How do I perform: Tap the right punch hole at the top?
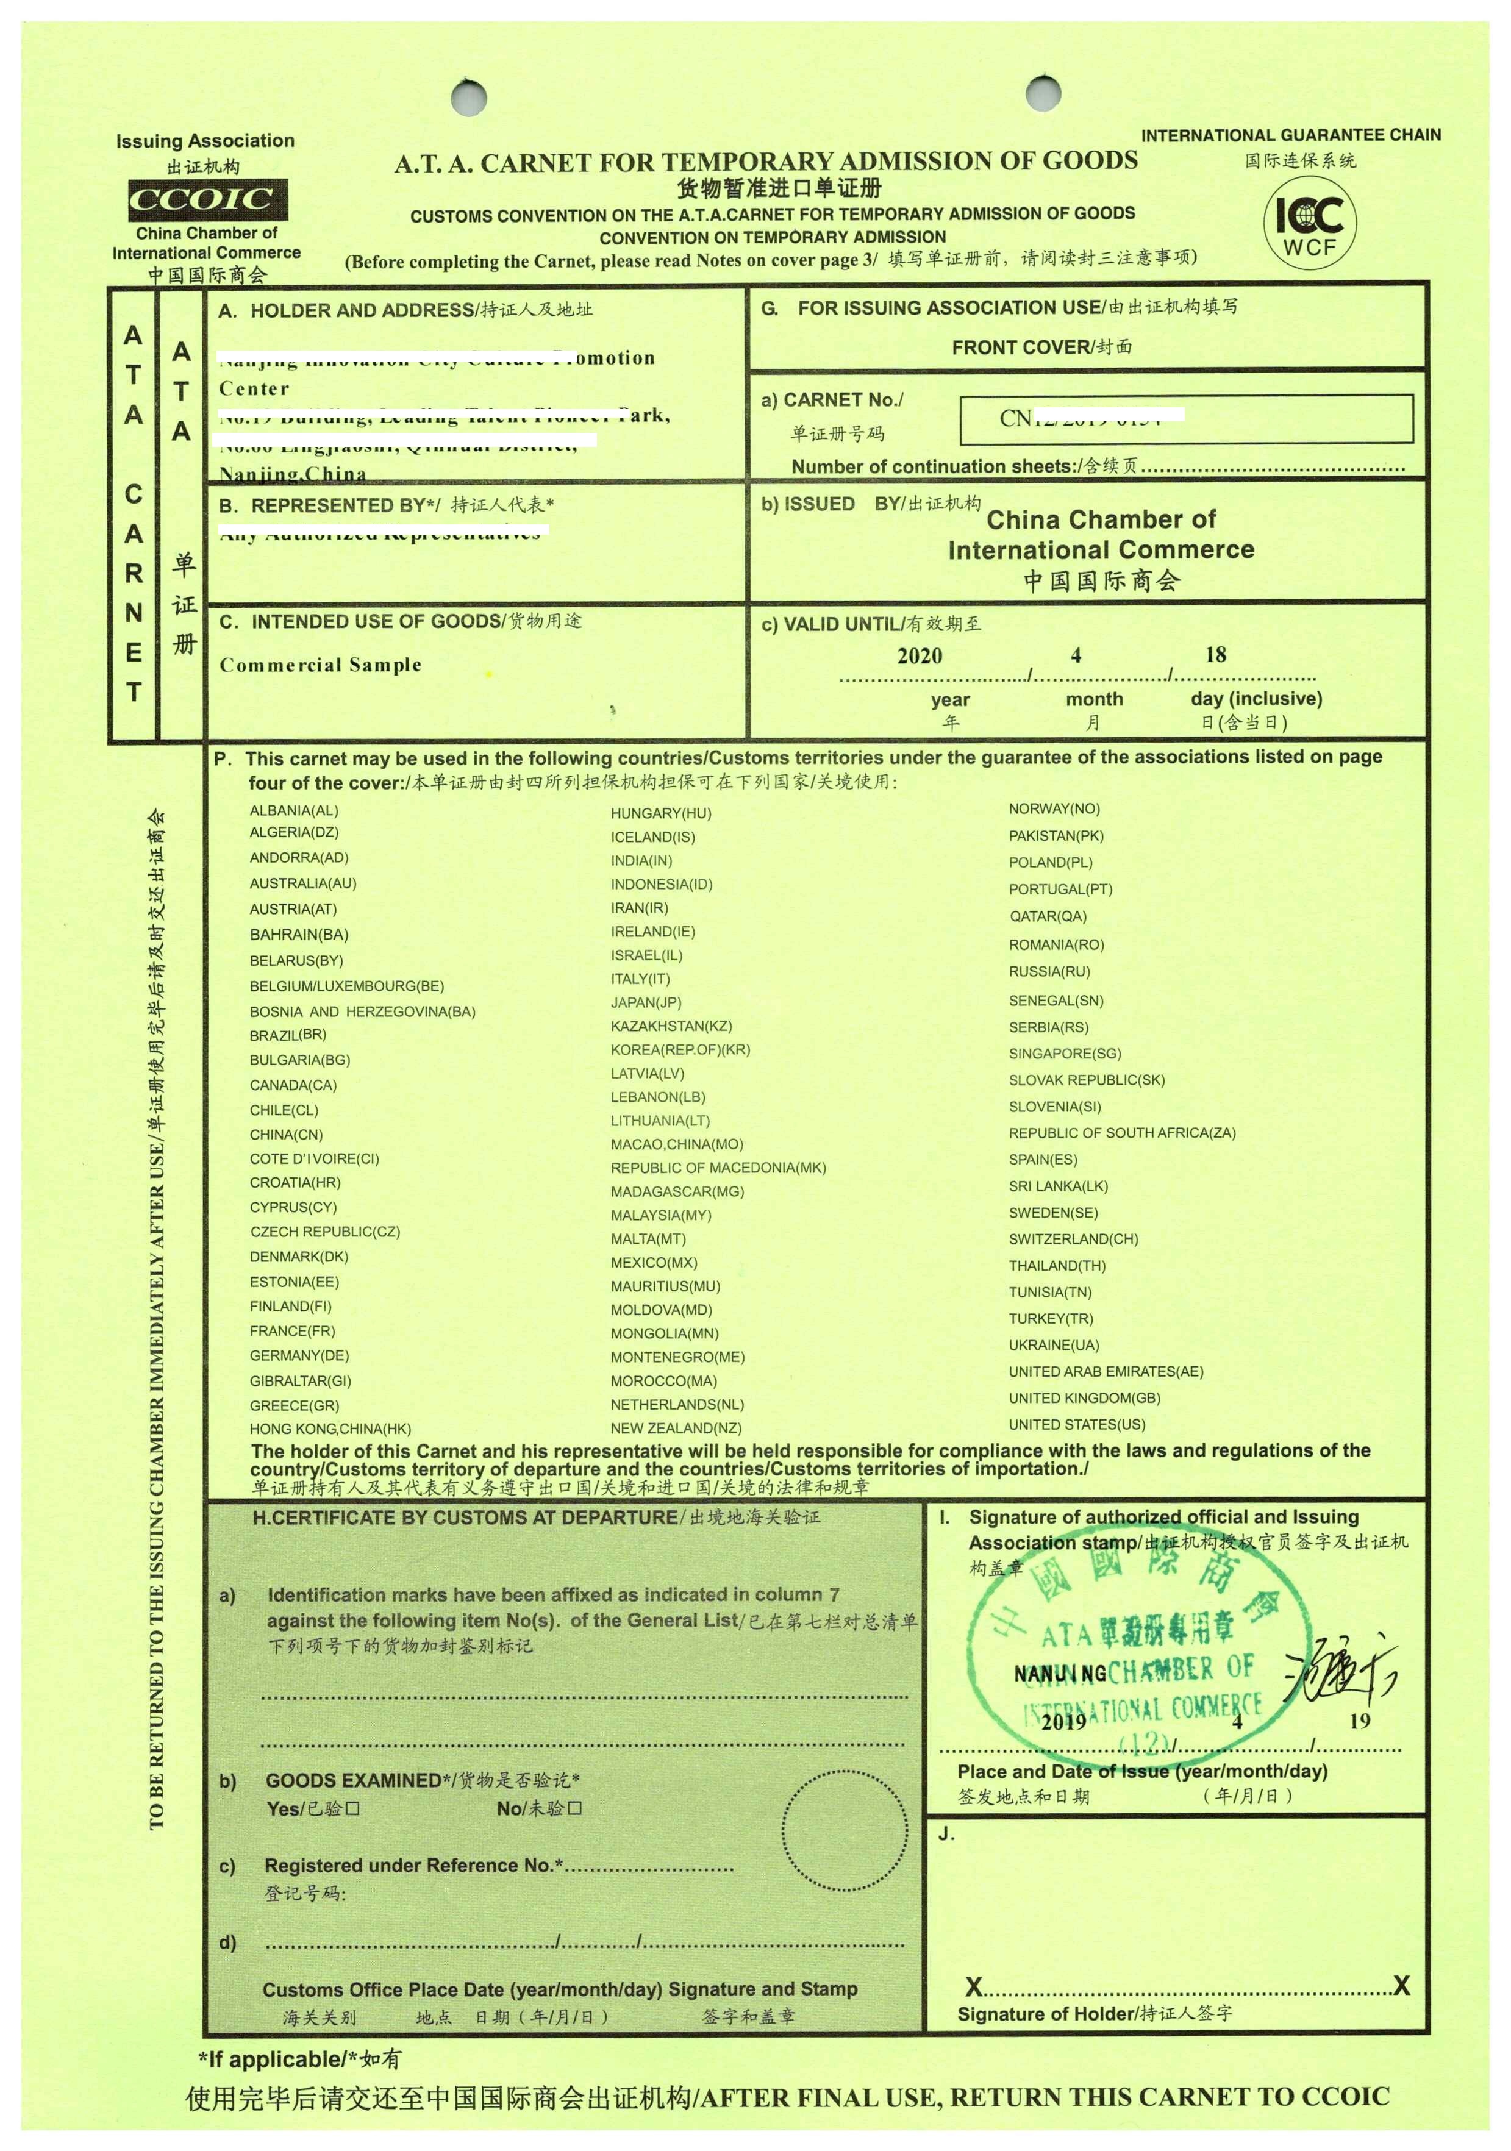click(1043, 93)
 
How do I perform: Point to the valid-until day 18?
click(1215, 655)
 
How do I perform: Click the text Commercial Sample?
click(320, 665)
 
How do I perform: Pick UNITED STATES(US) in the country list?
click(1076, 1425)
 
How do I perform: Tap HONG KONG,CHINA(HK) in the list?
click(330, 1429)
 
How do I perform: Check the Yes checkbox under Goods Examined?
click(352, 1808)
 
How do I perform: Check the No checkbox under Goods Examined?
click(574, 1808)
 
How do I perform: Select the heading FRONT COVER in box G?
click(1041, 348)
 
